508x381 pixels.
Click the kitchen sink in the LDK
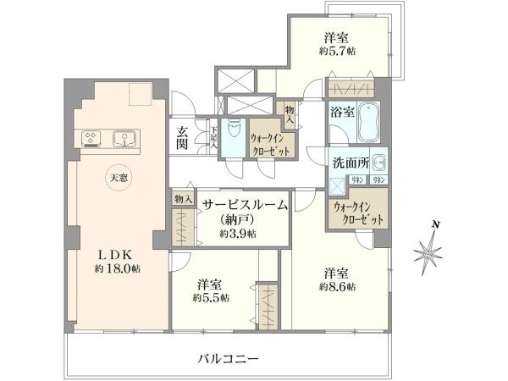[x=125, y=136]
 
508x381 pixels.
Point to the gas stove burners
[x=91, y=136]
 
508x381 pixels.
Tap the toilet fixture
[x=235, y=135]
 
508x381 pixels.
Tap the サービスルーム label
[x=243, y=205]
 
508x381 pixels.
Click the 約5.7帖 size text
[x=338, y=52]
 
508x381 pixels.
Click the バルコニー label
[x=229, y=359]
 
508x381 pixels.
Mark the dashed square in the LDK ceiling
[x=140, y=96]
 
